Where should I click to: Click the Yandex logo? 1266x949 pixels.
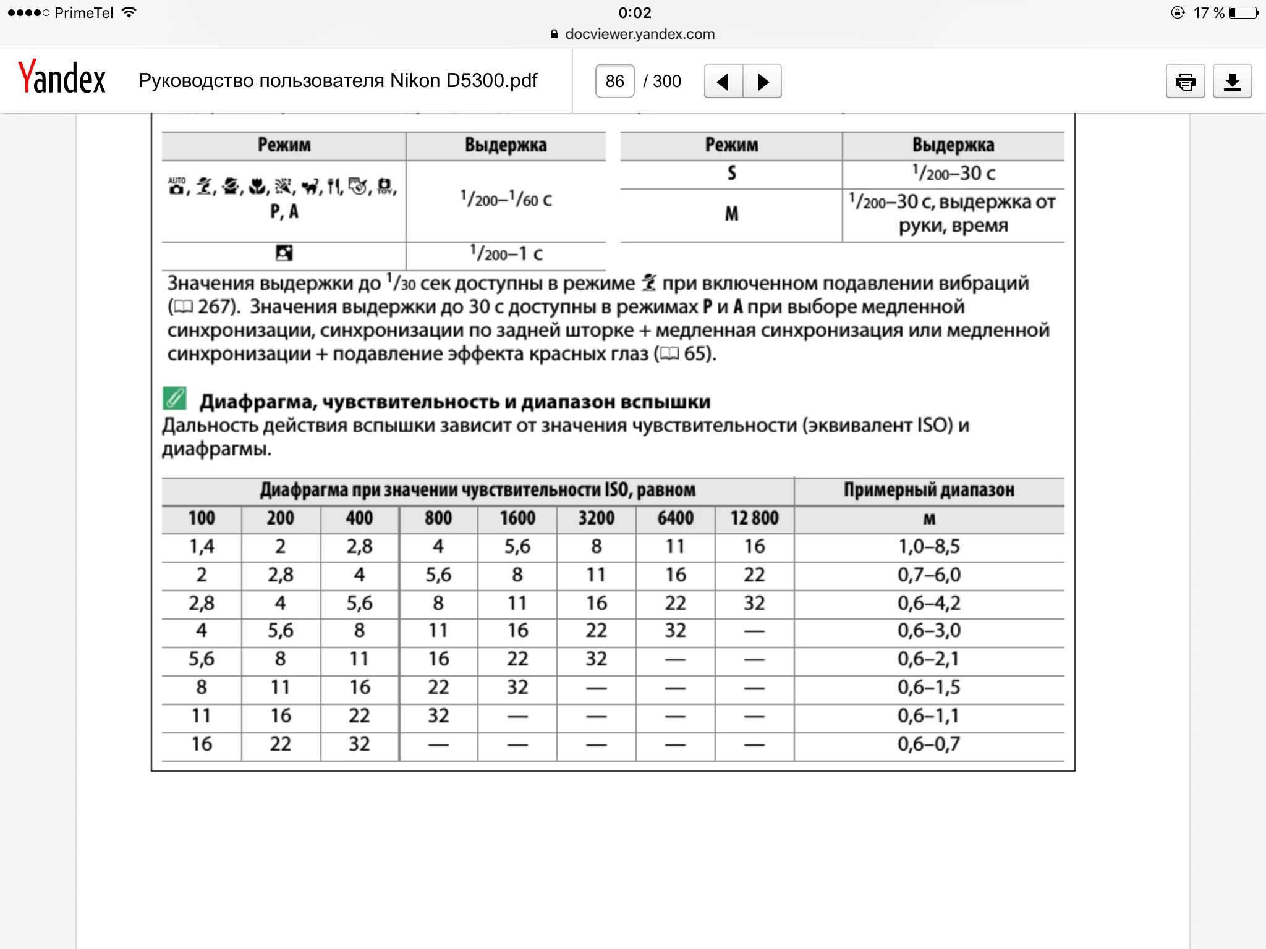pos(62,78)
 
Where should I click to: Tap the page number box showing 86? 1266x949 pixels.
pos(614,81)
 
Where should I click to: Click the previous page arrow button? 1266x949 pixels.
pos(723,81)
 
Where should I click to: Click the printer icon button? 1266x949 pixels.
pos(1185,81)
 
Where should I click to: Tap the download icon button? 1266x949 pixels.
pos(1232,81)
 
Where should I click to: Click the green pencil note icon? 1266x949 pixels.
pos(175,399)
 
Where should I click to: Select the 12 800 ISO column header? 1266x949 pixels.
pos(754,518)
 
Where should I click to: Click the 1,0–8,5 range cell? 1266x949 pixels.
pos(928,547)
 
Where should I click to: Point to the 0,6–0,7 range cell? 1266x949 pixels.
pos(928,744)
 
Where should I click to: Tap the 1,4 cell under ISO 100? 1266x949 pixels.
pos(202,547)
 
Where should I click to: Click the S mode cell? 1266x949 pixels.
pos(731,174)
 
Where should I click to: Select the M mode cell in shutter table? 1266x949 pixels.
pos(731,214)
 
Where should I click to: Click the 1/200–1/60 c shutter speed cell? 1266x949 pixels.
pos(506,200)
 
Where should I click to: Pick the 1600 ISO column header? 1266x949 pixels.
pos(517,518)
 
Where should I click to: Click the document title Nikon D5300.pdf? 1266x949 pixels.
pos(338,81)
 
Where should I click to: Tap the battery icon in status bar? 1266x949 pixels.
pos(1243,12)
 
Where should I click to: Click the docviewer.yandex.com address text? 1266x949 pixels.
pos(639,34)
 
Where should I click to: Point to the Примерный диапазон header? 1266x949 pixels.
pos(928,490)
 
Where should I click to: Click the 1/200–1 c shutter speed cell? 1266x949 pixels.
pos(506,254)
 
